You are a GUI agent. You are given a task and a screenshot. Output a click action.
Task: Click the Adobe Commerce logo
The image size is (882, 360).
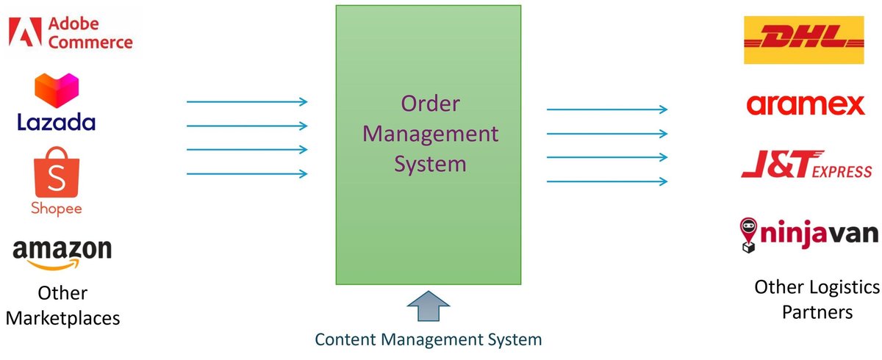71,33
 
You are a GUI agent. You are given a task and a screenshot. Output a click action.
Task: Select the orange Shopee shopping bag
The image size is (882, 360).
56,171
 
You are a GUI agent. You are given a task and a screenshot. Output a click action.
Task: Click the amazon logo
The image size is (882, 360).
62,252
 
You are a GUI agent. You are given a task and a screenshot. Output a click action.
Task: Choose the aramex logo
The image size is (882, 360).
806,105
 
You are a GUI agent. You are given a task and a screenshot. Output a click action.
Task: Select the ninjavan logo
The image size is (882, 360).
808,234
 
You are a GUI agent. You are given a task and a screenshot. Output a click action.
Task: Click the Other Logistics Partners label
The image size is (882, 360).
817,299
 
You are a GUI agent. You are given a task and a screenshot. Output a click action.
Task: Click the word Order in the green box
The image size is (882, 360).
430,104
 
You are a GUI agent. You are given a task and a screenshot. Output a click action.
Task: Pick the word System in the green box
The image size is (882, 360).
430,163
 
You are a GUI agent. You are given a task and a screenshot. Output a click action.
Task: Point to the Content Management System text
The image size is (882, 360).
428,339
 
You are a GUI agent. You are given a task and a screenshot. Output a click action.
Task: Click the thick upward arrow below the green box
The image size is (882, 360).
428,306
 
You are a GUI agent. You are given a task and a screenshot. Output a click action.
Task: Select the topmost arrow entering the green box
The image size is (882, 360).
247,102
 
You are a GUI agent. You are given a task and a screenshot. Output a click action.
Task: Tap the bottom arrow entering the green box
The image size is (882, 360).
247,174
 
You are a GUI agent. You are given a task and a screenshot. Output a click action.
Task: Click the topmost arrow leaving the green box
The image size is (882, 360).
607,109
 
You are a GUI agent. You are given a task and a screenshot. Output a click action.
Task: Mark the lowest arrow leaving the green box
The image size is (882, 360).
607,181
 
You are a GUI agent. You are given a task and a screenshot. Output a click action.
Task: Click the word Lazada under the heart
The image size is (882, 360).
57,121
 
